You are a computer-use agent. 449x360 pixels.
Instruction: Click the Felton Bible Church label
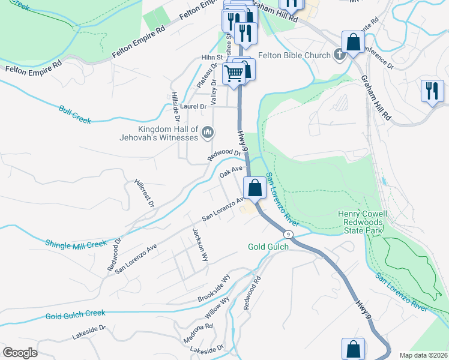(x=294, y=55)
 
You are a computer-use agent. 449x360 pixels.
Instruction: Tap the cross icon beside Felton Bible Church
(x=339, y=55)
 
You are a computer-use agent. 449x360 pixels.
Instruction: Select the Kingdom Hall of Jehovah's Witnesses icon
(x=208, y=131)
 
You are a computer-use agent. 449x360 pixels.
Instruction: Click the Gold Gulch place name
(x=268, y=247)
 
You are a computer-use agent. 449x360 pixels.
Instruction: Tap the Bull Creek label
(x=75, y=115)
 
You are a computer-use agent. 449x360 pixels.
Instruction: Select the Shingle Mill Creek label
(x=76, y=244)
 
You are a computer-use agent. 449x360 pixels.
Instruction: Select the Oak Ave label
(x=231, y=173)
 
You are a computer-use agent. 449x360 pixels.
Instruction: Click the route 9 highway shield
(x=289, y=234)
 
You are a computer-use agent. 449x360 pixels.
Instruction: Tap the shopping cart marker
(x=234, y=74)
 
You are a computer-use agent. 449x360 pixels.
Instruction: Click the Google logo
(x=20, y=353)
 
